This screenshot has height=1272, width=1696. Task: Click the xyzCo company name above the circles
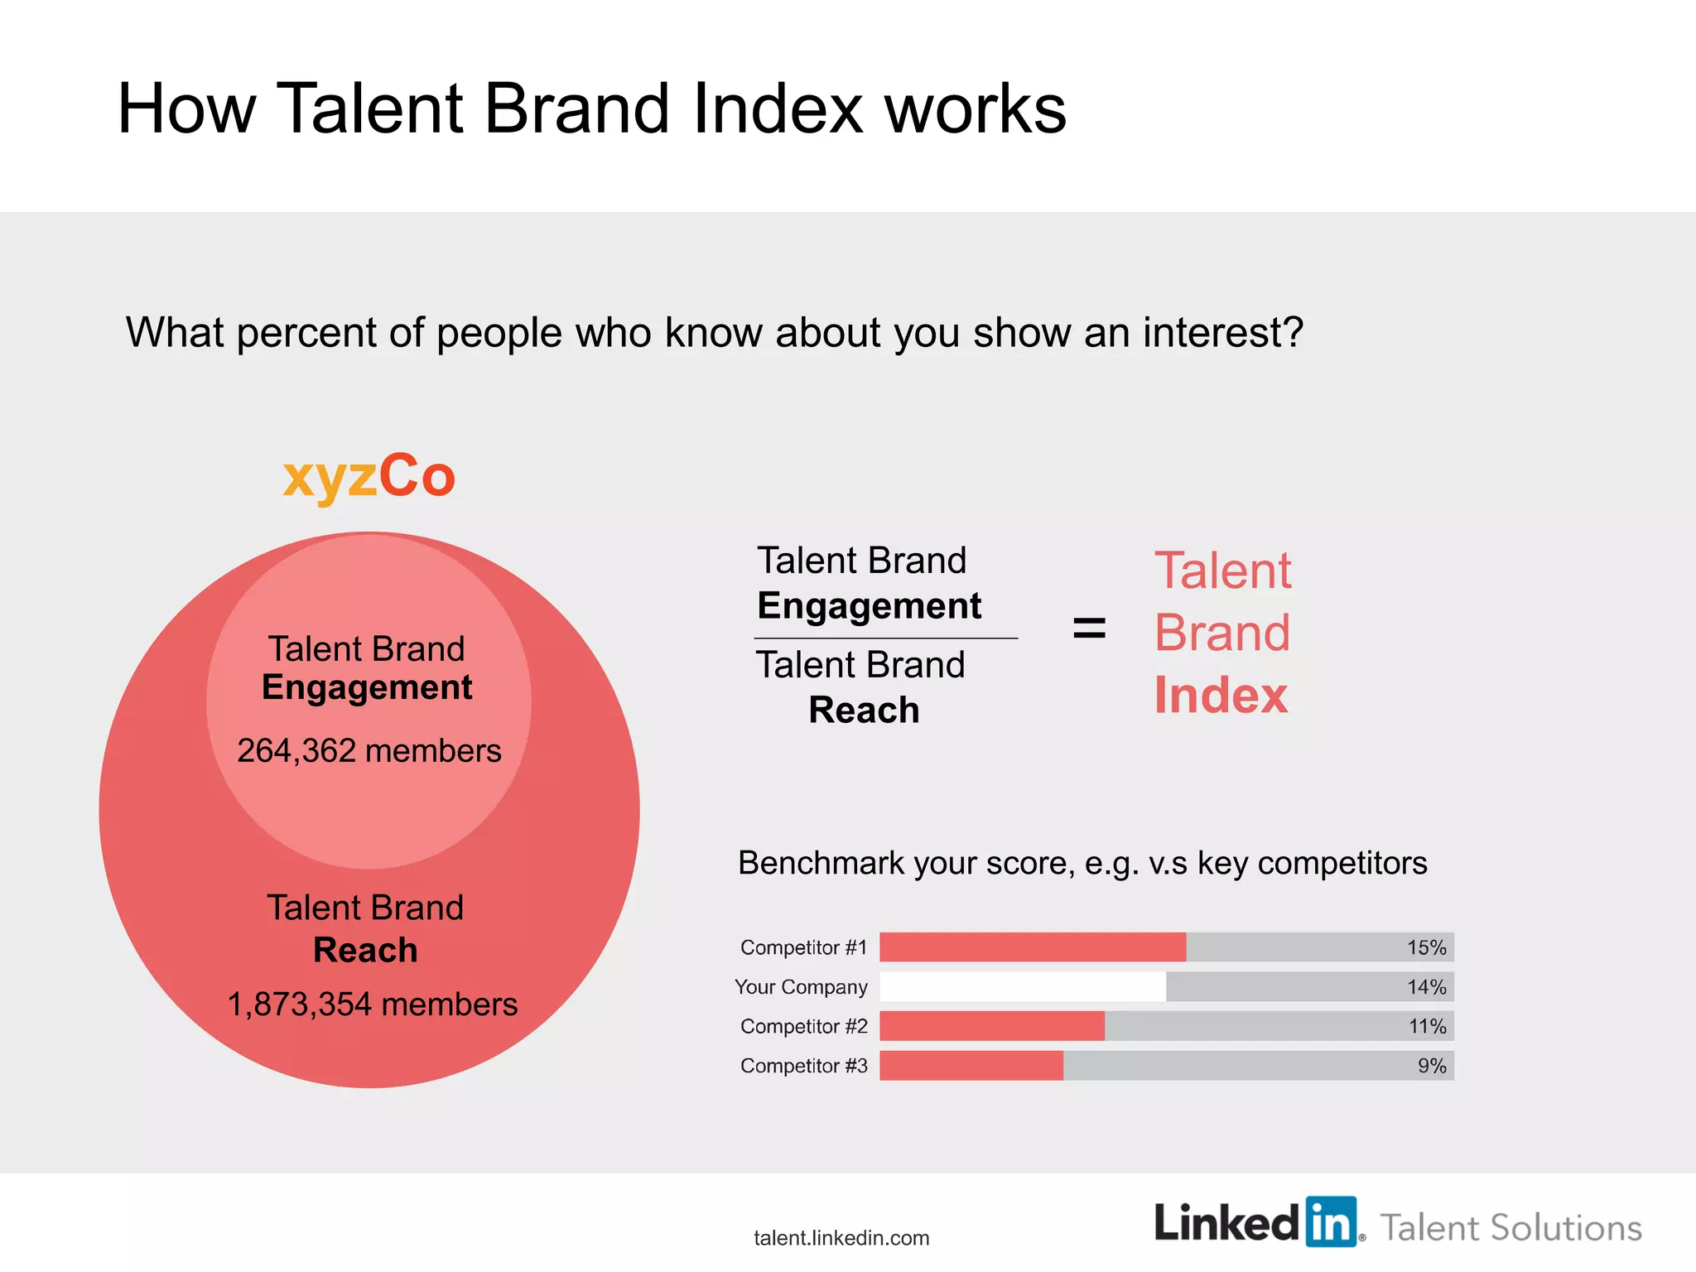pyautogui.click(x=369, y=477)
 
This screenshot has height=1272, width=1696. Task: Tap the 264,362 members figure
pyautogui.click(x=369, y=750)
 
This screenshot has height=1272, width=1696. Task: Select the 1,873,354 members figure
pyautogui.click(x=372, y=1004)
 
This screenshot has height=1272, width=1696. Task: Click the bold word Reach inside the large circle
pyautogui.click(x=365, y=950)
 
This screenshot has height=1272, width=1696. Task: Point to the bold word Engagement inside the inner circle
pyautogui.click(x=367, y=688)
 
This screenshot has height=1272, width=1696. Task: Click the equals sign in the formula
pyautogui.click(x=1089, y=628)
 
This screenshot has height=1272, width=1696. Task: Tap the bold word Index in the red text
pyautogui.click(x=1221, y=695)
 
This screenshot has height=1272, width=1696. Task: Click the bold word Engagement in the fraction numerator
pyautogui.click(x=869, y=606)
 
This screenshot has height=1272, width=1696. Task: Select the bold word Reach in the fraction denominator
pyautogui.click(x=864, y=710)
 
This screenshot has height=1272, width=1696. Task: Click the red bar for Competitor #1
pyautogui.click(x=1032, y=947)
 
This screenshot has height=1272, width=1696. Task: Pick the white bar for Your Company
pyautogui.click(x=1022, y=986)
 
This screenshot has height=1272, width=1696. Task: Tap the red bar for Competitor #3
pyautogui.click(x=971, y=1065)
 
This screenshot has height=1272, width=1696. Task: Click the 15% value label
pyautogui.click(x=1426, y=947)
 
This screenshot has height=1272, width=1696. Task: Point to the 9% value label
pyautogui.click(x=1431, y=1066)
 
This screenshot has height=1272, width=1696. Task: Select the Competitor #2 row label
pyautogui.click(x=803, y=1026)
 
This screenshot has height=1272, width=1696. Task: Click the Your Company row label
pyautogui.click(x=801, y=987)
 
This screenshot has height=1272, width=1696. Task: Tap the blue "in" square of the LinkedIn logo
pyautogui.click(x=1331, y=1221)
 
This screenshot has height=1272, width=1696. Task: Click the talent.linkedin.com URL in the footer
pyautogui.click(x=841, y=1238)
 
